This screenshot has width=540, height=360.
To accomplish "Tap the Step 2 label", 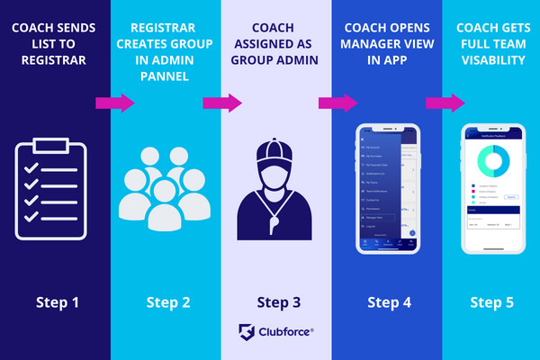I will click(168, 301).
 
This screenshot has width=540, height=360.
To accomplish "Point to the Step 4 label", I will click(386, 301).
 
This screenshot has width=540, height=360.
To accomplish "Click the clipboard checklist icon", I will click(51, 184).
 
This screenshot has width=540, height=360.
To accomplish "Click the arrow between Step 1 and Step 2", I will click(114, 103).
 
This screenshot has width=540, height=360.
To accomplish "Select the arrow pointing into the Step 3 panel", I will click(225, 103).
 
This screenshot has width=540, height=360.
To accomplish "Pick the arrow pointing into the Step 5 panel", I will click(445, 103).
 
